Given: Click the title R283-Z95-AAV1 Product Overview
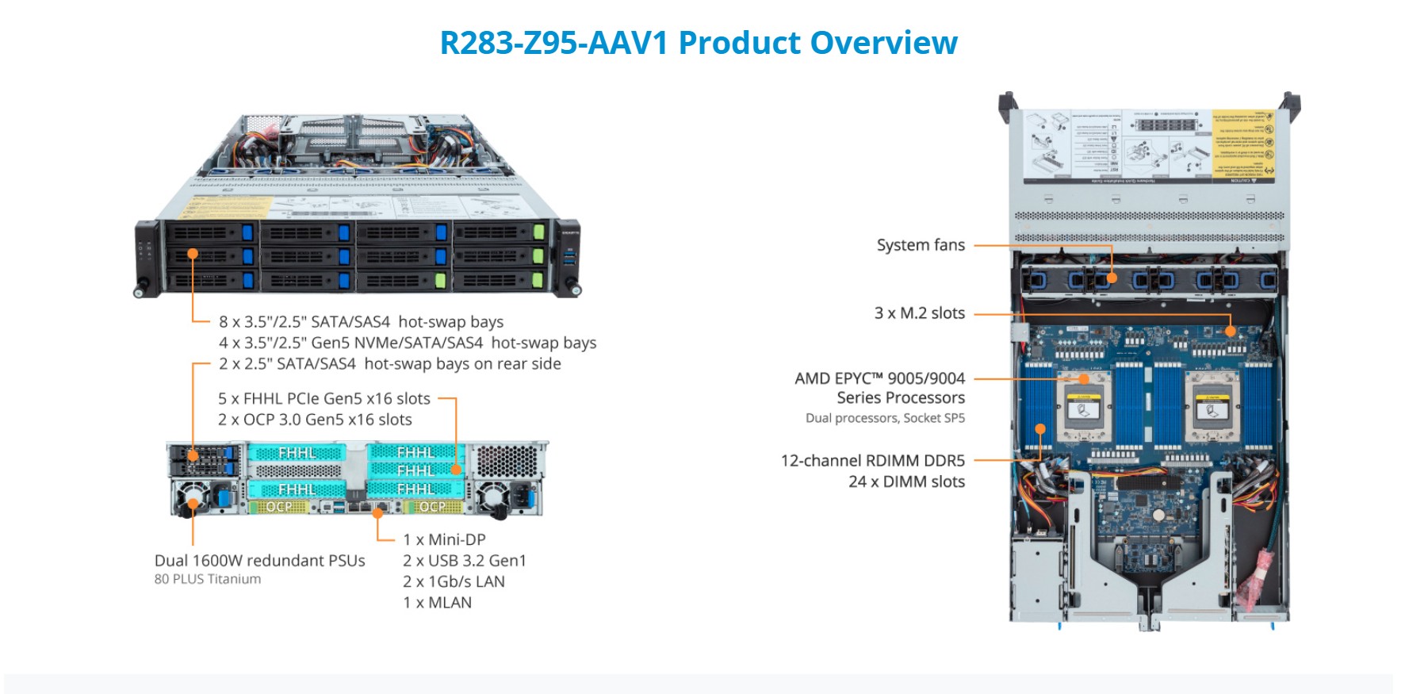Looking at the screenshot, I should pos(699,43).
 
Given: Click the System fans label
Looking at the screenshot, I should pos(921,245).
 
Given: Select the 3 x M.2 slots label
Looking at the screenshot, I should pos(919,313).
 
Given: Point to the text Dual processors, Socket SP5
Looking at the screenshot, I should pos(885,418).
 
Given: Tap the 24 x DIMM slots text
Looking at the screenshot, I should pos(906,481).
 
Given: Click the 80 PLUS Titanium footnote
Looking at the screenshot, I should pos(208,579).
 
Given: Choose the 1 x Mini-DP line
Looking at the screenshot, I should pos(444,539).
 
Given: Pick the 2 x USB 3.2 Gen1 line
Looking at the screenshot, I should pos(464,561).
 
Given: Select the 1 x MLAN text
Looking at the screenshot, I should pos(437,603).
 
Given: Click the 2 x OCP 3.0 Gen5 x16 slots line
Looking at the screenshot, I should pos(315,420).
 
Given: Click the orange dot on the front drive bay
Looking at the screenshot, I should pos(193,254).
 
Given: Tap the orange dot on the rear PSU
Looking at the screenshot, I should pos(193,502).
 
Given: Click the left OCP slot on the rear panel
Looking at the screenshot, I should pos(278,507).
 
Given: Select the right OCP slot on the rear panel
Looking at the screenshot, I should pos(432,507).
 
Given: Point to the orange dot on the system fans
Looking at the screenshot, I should pos(1112,278).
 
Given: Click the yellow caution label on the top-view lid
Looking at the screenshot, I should pos(1242,145).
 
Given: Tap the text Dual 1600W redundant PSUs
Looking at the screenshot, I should pos(259,561).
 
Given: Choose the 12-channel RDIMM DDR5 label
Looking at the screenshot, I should pos(872,461).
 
